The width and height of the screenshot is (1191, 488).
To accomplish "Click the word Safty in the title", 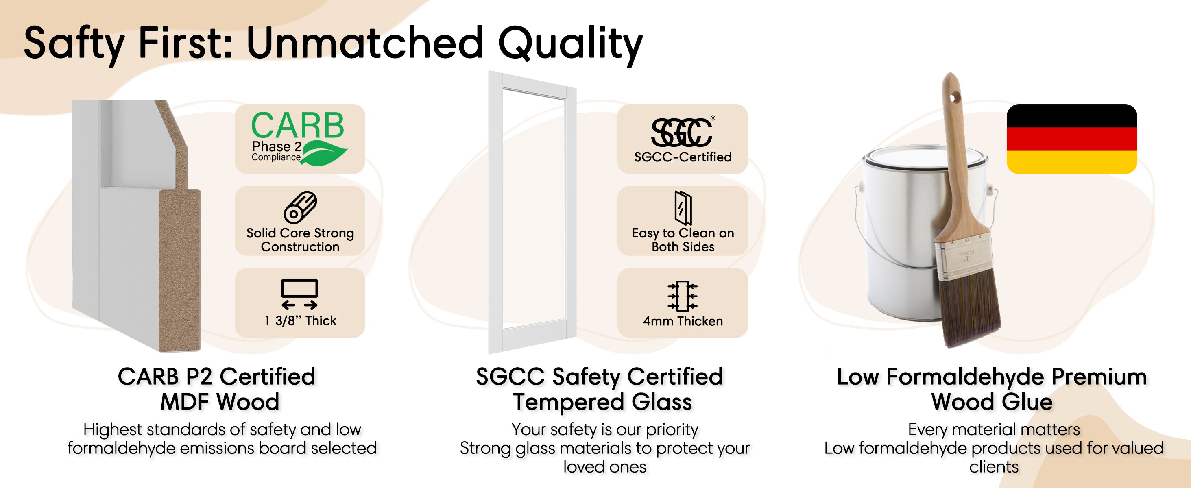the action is (x=74, y=44).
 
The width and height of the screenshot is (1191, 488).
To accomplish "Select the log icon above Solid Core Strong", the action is (x=300, y=207).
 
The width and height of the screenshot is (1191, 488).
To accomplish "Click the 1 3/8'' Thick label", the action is (x=301, y=321).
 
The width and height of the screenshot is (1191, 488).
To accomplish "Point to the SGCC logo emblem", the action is (x=683, y=132).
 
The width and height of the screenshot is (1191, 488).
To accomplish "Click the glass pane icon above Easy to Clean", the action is (x=683, y=207).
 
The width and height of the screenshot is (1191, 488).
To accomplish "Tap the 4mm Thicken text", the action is (x=683, y=321).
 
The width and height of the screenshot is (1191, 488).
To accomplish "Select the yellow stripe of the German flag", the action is (x=1072, y=162).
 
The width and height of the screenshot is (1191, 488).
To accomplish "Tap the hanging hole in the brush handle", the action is (x=954, y=98).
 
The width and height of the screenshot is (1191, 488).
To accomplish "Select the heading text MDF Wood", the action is (x=220, y=402).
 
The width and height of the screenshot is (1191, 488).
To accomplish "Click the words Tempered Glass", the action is (x=602, y=402).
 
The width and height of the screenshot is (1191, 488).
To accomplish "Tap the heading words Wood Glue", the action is (x=992, y=402).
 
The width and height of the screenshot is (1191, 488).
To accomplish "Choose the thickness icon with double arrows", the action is (x=300, y=294).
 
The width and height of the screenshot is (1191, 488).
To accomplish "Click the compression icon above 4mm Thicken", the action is (x=683, y=295).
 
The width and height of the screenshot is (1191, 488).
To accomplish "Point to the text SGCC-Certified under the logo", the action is (x=683, y=157).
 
